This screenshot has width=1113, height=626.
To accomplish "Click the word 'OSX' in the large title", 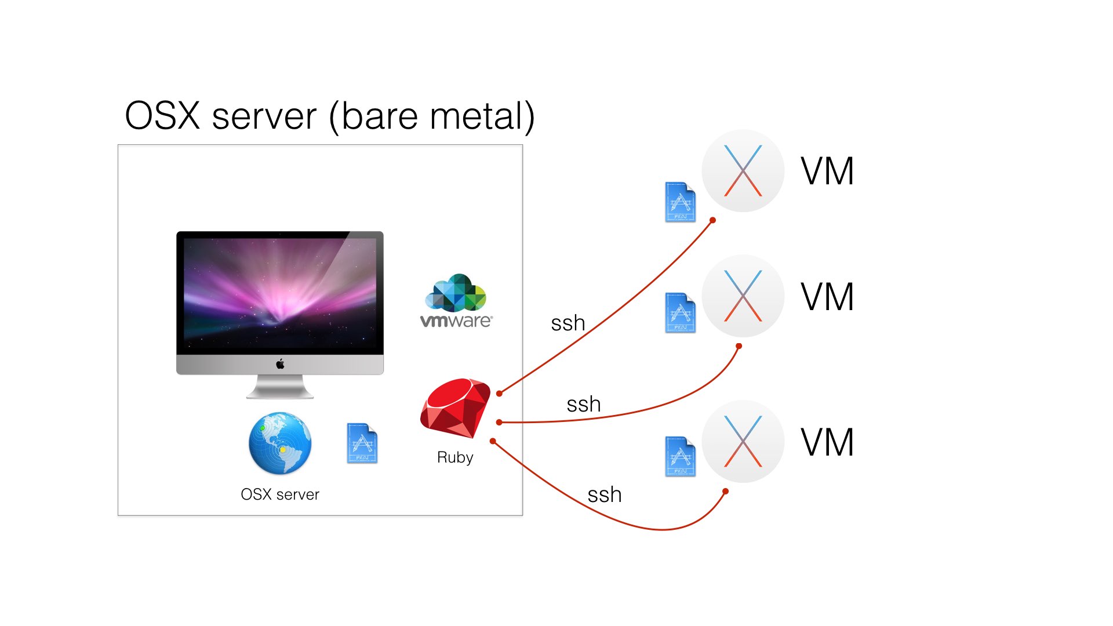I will click(x=162, y=116).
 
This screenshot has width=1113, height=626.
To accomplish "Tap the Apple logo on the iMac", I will click(x=280, y=364).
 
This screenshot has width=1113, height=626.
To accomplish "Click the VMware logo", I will click(x=456, y=301).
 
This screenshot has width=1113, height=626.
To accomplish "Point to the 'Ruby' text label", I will click(x=455, y=457).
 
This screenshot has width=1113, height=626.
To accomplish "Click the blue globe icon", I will click(x=280, y=443).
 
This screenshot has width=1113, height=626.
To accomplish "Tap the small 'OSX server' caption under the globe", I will click(x=280, y=494).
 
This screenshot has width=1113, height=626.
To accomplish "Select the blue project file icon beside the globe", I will click(x=362, y=443).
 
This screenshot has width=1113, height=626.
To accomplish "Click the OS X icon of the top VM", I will click(x=743, y=170).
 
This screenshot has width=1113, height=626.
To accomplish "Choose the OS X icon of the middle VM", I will click(x=743, y=296).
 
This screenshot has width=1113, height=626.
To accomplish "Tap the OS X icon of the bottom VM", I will click(x=743, y=441).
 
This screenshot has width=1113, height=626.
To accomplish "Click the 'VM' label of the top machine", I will click(x=827, y=172).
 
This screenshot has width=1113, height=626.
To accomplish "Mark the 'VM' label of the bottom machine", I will click(x=827, y=442).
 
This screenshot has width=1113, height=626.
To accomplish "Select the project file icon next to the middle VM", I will click(x=681, y=313).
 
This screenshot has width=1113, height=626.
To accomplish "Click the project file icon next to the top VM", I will click(x=681, y=202).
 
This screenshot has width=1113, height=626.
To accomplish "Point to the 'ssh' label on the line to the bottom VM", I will click(x=605, y=495).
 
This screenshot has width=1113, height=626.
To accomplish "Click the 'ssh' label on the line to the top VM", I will click(x=568, y=323).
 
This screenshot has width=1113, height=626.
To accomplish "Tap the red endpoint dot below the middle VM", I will click(x=739, y=346).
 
